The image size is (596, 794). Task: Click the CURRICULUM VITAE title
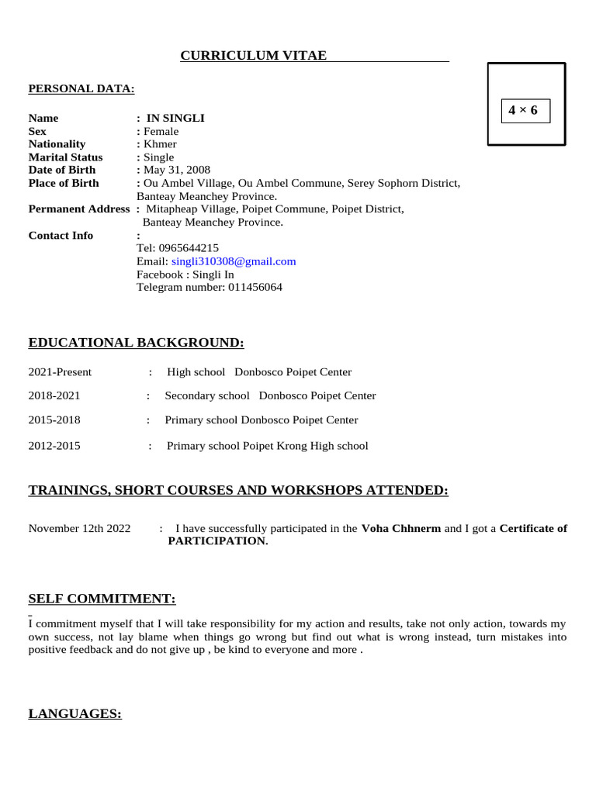(254, 56)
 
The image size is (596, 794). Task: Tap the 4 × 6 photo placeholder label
(523, 111)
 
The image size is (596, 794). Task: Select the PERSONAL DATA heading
(81, 89)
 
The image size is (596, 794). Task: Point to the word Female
(161, 132)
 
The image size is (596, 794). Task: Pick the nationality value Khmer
(160, 144)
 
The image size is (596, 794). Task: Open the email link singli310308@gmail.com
(234, 261)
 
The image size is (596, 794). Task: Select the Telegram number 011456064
(255, 287)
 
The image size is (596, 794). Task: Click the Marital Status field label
(65, 157)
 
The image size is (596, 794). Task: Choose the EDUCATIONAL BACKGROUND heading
(137, 343)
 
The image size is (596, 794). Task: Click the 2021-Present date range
(60, 372)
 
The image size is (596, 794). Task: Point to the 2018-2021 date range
(54, 395)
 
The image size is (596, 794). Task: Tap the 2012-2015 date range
(54, 446)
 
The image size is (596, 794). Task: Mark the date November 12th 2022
(80, 529)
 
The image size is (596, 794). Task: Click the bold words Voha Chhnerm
(401, 529)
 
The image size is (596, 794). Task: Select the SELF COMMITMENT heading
(102, 599)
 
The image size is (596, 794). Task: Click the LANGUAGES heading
(75, 714)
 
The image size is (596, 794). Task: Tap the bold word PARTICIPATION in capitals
(217, 541)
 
